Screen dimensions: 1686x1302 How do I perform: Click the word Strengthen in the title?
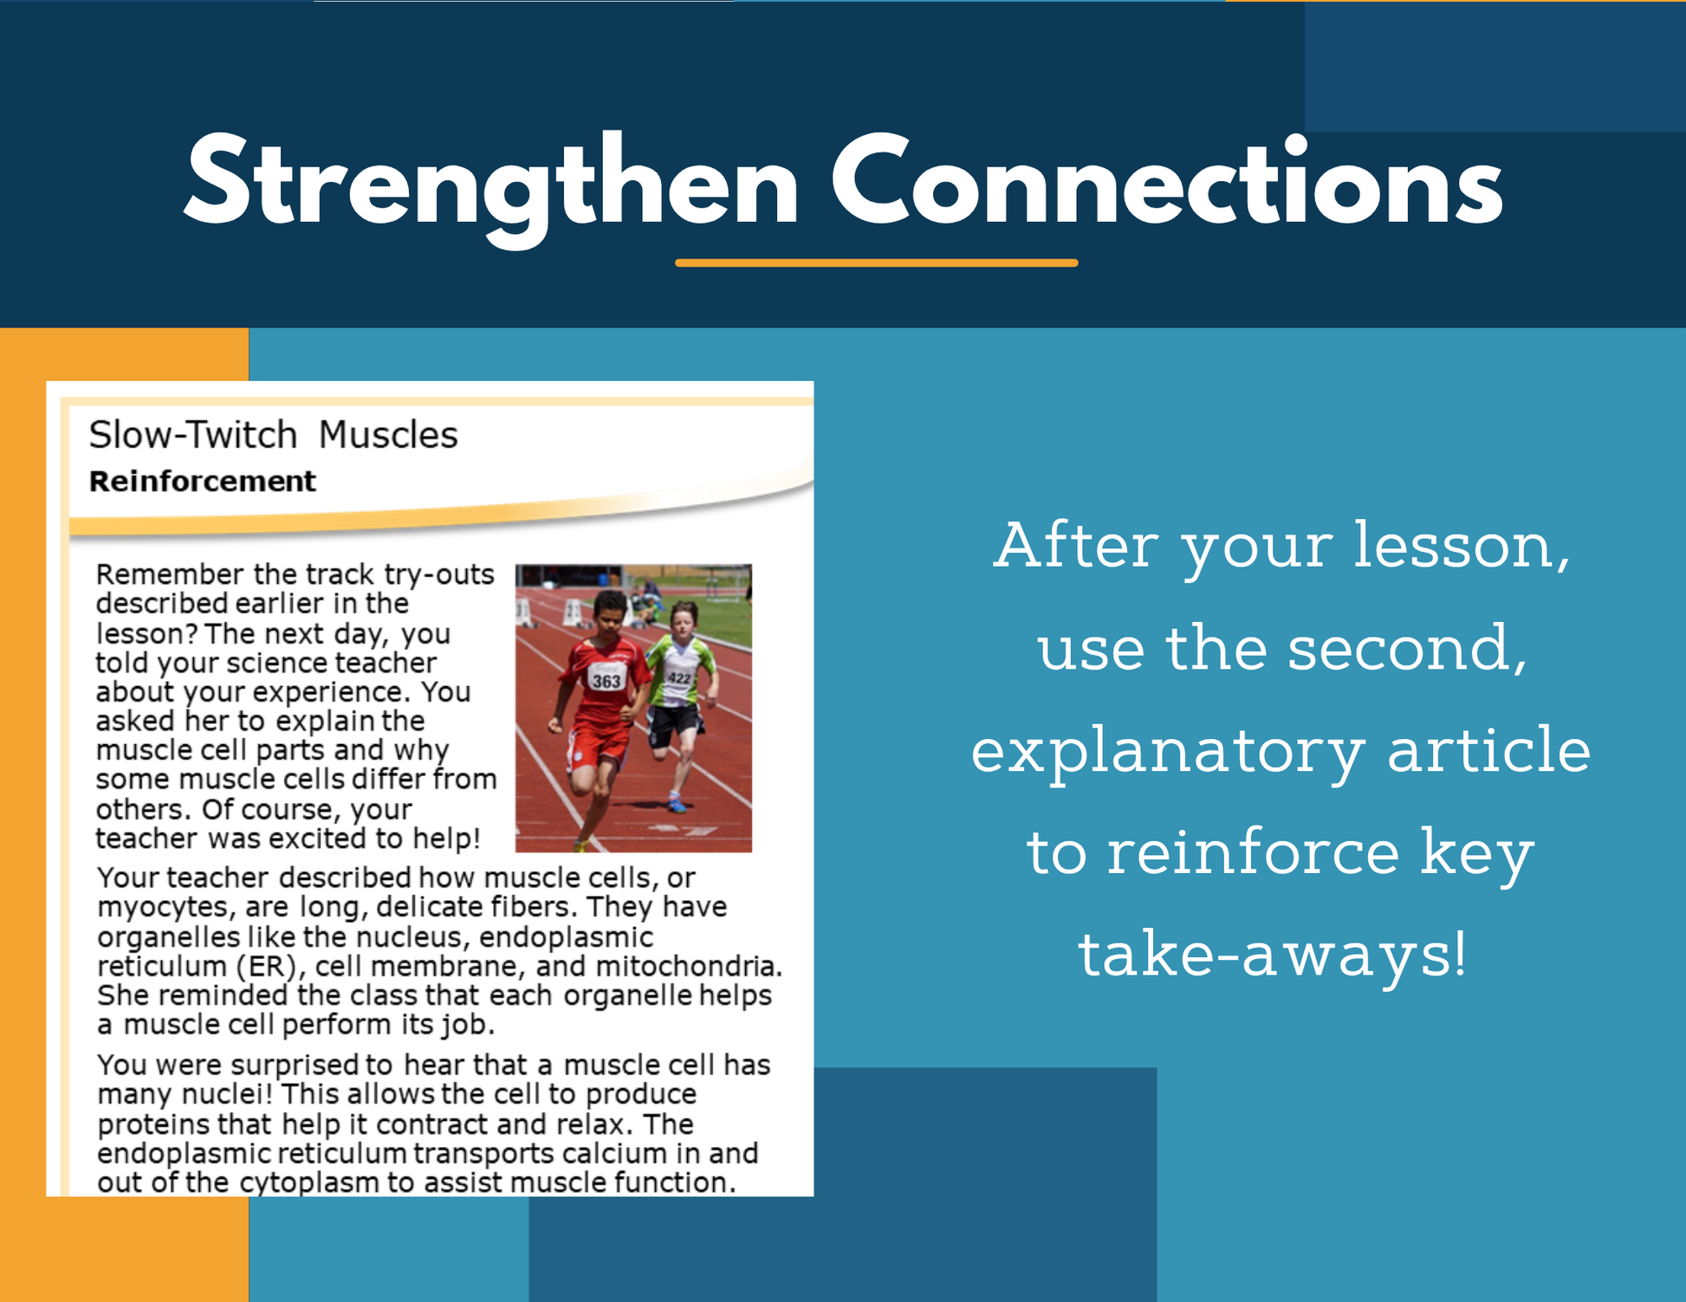coord(491,185)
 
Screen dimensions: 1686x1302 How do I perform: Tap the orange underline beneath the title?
coord(876,262)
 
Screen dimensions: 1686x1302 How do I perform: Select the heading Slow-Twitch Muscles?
coord(273,434)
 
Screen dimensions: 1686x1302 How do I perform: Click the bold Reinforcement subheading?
coord(202,481)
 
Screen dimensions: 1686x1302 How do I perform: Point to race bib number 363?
coord(606,680)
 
